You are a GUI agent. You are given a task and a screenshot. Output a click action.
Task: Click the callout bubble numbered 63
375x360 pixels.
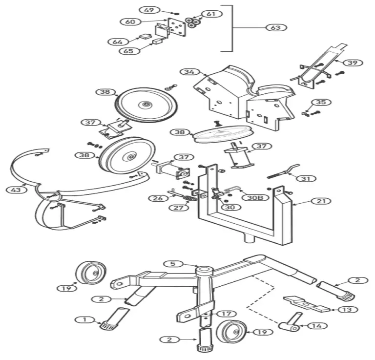[x=276, y=27]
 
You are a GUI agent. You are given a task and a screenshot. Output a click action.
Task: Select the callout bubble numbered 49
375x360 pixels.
[x=149, y=10]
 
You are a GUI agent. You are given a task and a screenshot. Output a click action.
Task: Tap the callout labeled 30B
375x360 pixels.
[x=255, y=197]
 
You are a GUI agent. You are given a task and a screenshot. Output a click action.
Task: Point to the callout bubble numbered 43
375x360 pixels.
[x=16, y=190]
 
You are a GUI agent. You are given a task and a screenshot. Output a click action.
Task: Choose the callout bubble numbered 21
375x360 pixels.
[x=321, y=201]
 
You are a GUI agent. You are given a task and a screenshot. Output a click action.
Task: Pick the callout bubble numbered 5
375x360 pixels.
[x=173, y=264]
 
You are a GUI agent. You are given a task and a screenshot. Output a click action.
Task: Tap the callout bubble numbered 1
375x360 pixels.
[x=84, y=319]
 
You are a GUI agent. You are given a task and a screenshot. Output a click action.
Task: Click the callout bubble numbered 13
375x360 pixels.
[x=348, y=310]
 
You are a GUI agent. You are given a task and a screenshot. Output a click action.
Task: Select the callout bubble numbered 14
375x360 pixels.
[x=317, y=326]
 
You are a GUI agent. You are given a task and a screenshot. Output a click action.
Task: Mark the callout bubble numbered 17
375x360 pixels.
[x=226, y=314]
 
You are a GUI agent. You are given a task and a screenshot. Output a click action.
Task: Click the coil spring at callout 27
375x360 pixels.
[x=190, y=198]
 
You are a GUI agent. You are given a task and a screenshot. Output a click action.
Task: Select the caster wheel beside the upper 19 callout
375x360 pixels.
[x=91, y=273]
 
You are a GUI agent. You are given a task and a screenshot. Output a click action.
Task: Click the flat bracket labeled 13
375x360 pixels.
[x=307, y=304]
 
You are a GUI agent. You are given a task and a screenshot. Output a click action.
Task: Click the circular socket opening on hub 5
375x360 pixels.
[x=204, y=270]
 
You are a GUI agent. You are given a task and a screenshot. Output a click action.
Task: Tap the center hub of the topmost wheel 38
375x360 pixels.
[x=145, y=105]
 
